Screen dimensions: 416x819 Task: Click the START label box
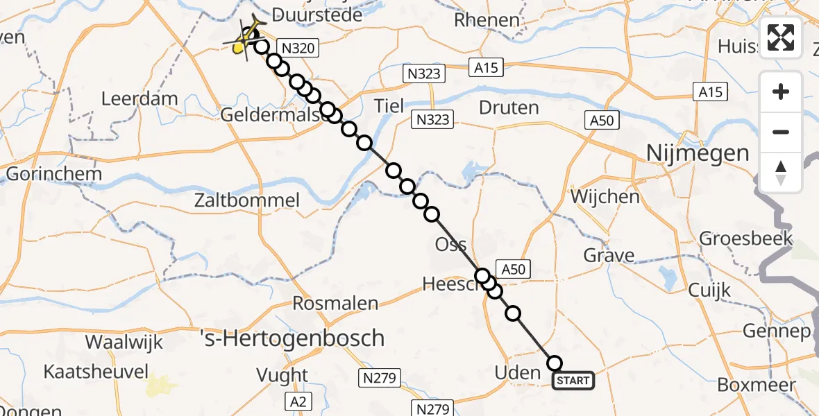[x=573, y=380]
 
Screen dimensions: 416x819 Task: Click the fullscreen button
[x=781, y=37]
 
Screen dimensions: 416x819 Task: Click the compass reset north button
[x=781, y=172]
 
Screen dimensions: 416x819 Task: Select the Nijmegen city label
[x=698, y=153]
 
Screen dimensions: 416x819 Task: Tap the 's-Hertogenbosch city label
[x=292, y=338]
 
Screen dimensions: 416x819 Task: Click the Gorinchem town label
[x=54, y=173]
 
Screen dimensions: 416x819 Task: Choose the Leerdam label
[x=140, y=98]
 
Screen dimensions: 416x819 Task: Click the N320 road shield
[x=298, y=48]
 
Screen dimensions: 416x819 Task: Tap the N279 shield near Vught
[x=378, y=378]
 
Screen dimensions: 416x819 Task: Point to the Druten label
[x=509, y=107]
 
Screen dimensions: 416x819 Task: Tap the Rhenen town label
[x=487, y=20]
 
